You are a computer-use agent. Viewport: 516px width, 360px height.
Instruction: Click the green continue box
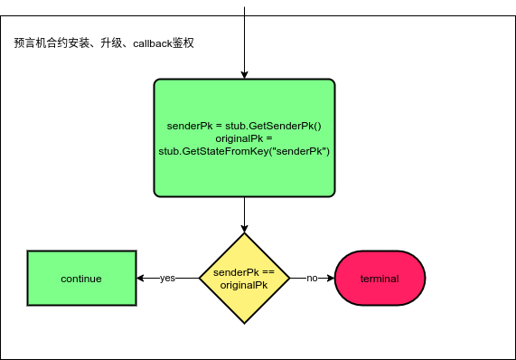point(81,279)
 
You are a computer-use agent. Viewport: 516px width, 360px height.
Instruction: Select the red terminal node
point(380,279)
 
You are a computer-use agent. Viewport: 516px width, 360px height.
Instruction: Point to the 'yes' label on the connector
point(167,279)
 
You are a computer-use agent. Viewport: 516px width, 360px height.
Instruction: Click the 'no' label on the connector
point(312,279)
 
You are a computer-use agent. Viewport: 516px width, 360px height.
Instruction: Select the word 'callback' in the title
point(155,43)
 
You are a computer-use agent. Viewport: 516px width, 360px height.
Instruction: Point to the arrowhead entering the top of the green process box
point(244,74)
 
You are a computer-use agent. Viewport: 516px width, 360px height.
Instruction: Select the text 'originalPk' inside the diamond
point(244,285)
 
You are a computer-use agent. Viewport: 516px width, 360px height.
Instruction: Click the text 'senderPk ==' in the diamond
point(244,272)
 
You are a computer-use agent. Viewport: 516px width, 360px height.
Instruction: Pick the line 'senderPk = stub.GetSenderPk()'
point(244,125)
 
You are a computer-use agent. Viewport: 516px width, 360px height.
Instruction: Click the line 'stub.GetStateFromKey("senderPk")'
point(244,150)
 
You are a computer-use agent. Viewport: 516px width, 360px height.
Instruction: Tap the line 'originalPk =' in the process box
point(244,137)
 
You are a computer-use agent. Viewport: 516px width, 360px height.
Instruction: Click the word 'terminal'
point(380,279)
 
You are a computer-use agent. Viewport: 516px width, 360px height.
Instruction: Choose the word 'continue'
point(81,279)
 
